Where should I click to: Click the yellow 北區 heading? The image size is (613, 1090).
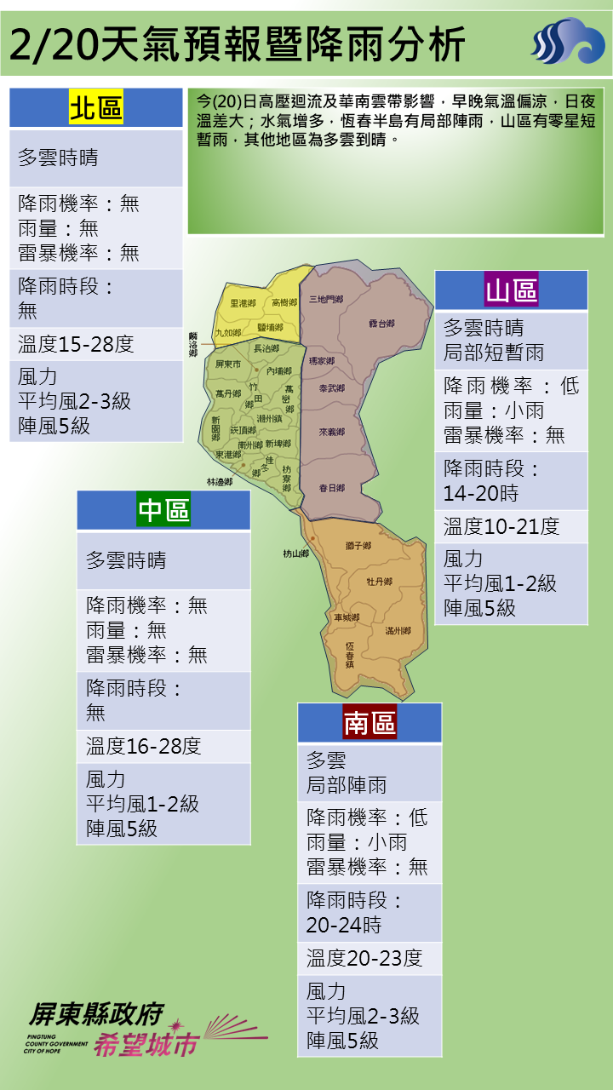[x=96, y=108]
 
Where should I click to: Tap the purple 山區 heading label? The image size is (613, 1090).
[x=512, y=290]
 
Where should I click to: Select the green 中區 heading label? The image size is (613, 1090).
[x=163, y=510]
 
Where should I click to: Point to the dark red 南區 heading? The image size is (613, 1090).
[x=370, y=723]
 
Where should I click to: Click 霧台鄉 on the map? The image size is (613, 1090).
[x=381, y=324]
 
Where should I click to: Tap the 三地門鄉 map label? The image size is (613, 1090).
[x=325, y=299]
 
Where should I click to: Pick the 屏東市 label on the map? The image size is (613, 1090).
[x=229, y=364]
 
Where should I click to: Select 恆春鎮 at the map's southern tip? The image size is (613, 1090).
[x=350, y=653]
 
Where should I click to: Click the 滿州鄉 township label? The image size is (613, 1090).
[x=398, y=631]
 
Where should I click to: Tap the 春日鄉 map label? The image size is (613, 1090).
[x=331, y=488]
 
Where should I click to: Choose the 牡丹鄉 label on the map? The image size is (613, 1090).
[x=379, y=582]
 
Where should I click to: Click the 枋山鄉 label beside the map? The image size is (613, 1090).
[x=295, y=554]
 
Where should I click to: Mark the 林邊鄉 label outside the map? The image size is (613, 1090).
[x=219, y=481]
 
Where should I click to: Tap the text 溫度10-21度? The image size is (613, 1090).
[x=501, y=526]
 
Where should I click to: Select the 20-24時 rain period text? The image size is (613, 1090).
[x=344, y=925]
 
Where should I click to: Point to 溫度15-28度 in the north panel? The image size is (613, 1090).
[x=76, y=344]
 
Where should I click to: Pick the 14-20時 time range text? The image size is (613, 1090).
[x=480, y=493]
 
